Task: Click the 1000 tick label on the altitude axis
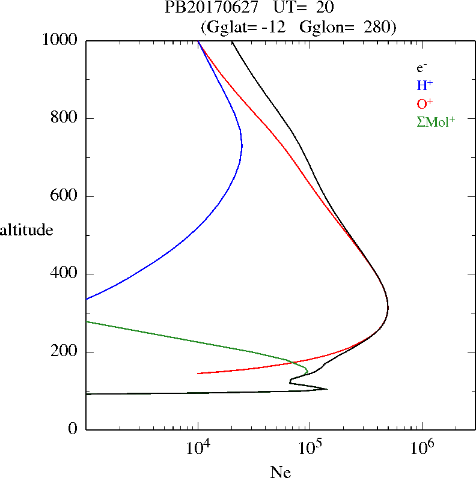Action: point(60,40)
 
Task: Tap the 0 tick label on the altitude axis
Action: point(74,429)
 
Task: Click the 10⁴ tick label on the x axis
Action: point(199,447)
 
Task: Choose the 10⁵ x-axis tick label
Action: point(311,447)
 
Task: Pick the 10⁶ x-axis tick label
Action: point(423,447)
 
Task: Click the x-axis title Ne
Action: point(280,472)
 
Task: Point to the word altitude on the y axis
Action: point(26,229)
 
